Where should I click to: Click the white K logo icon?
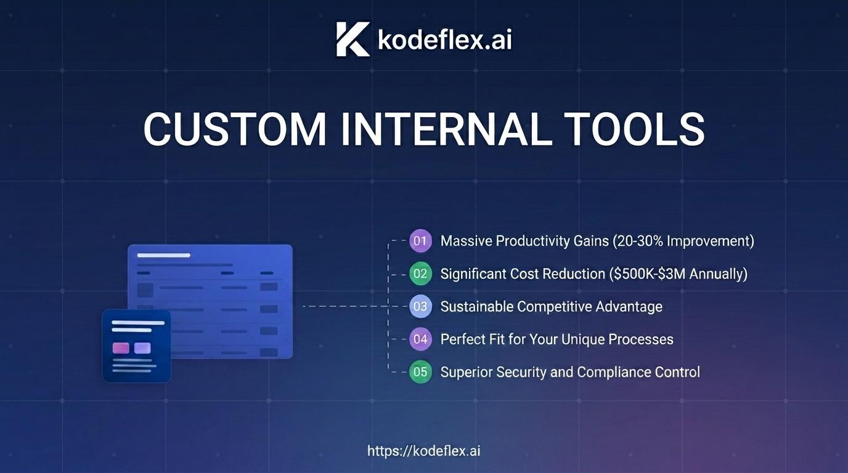click(x=353, y=39)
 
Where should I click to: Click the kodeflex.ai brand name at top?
click(x=445, y=39)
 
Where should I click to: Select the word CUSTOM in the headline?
click(x=235, y=129)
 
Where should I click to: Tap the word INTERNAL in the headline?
click(x=446, y=129)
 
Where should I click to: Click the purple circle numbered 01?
click(x=420, y=241)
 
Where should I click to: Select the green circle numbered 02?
click(x=420, y=273)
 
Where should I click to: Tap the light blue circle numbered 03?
click(x=420, y=307)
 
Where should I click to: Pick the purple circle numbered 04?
click(x=420, y=339)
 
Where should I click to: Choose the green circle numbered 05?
click(x=420, y=372)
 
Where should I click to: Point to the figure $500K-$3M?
click(x=650, y=273)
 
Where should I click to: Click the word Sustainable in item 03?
click(x=476, y=307)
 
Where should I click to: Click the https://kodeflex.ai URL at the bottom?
click(x=424, y=451)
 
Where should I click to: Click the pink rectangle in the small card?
click(x=121, y=348)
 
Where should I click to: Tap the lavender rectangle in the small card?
click(x=142, y=348)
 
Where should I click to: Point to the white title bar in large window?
click(x=163, y=256)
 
